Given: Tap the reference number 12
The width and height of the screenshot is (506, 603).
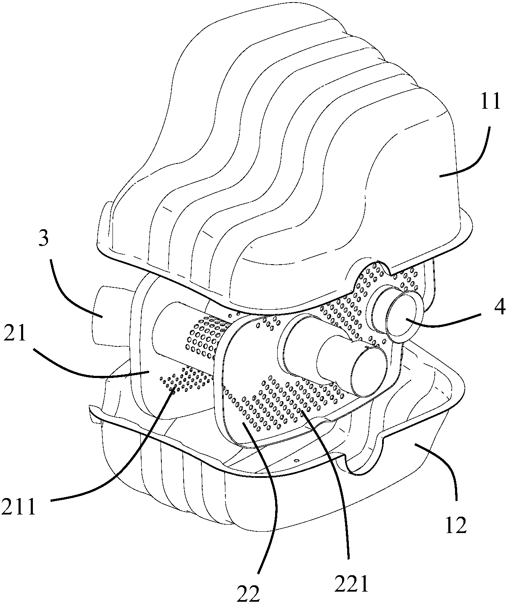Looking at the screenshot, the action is coord(456,525).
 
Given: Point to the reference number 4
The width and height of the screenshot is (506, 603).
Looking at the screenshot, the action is coord(499,306).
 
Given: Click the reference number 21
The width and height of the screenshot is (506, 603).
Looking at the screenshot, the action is coord(15,333).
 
